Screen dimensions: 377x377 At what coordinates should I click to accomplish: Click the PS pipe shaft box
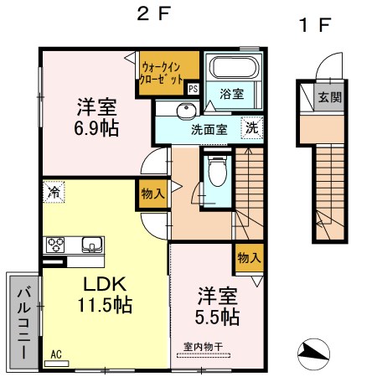coord(193,89)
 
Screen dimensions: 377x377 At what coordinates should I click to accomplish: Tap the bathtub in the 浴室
coord(235,67)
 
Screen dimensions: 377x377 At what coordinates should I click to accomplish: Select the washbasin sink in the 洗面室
coord(186,111)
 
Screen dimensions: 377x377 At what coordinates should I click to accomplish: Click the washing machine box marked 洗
coord(252,127)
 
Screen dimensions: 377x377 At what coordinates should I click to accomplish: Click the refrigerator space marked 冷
coord(54,192)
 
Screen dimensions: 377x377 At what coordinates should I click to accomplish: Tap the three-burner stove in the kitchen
coord(55,245)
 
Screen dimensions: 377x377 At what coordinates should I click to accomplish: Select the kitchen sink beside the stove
coord(92,245)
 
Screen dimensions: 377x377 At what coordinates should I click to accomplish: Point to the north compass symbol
coord(313,354)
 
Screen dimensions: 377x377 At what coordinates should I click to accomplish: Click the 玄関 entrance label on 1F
coord(330,98)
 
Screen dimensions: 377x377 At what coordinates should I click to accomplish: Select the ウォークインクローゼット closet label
coord(162,74)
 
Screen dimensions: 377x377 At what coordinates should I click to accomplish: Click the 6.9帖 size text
coord(96,128)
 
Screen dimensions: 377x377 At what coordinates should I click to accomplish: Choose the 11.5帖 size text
coord(105,305)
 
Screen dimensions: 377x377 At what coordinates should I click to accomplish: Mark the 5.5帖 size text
coord(217,317)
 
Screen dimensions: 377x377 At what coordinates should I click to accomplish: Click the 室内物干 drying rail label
coord(203,347)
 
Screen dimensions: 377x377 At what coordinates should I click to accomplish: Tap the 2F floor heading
coord(153,13)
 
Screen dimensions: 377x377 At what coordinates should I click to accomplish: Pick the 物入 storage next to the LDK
coord(152,194)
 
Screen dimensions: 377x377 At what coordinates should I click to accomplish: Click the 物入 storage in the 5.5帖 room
coord(250,257)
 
